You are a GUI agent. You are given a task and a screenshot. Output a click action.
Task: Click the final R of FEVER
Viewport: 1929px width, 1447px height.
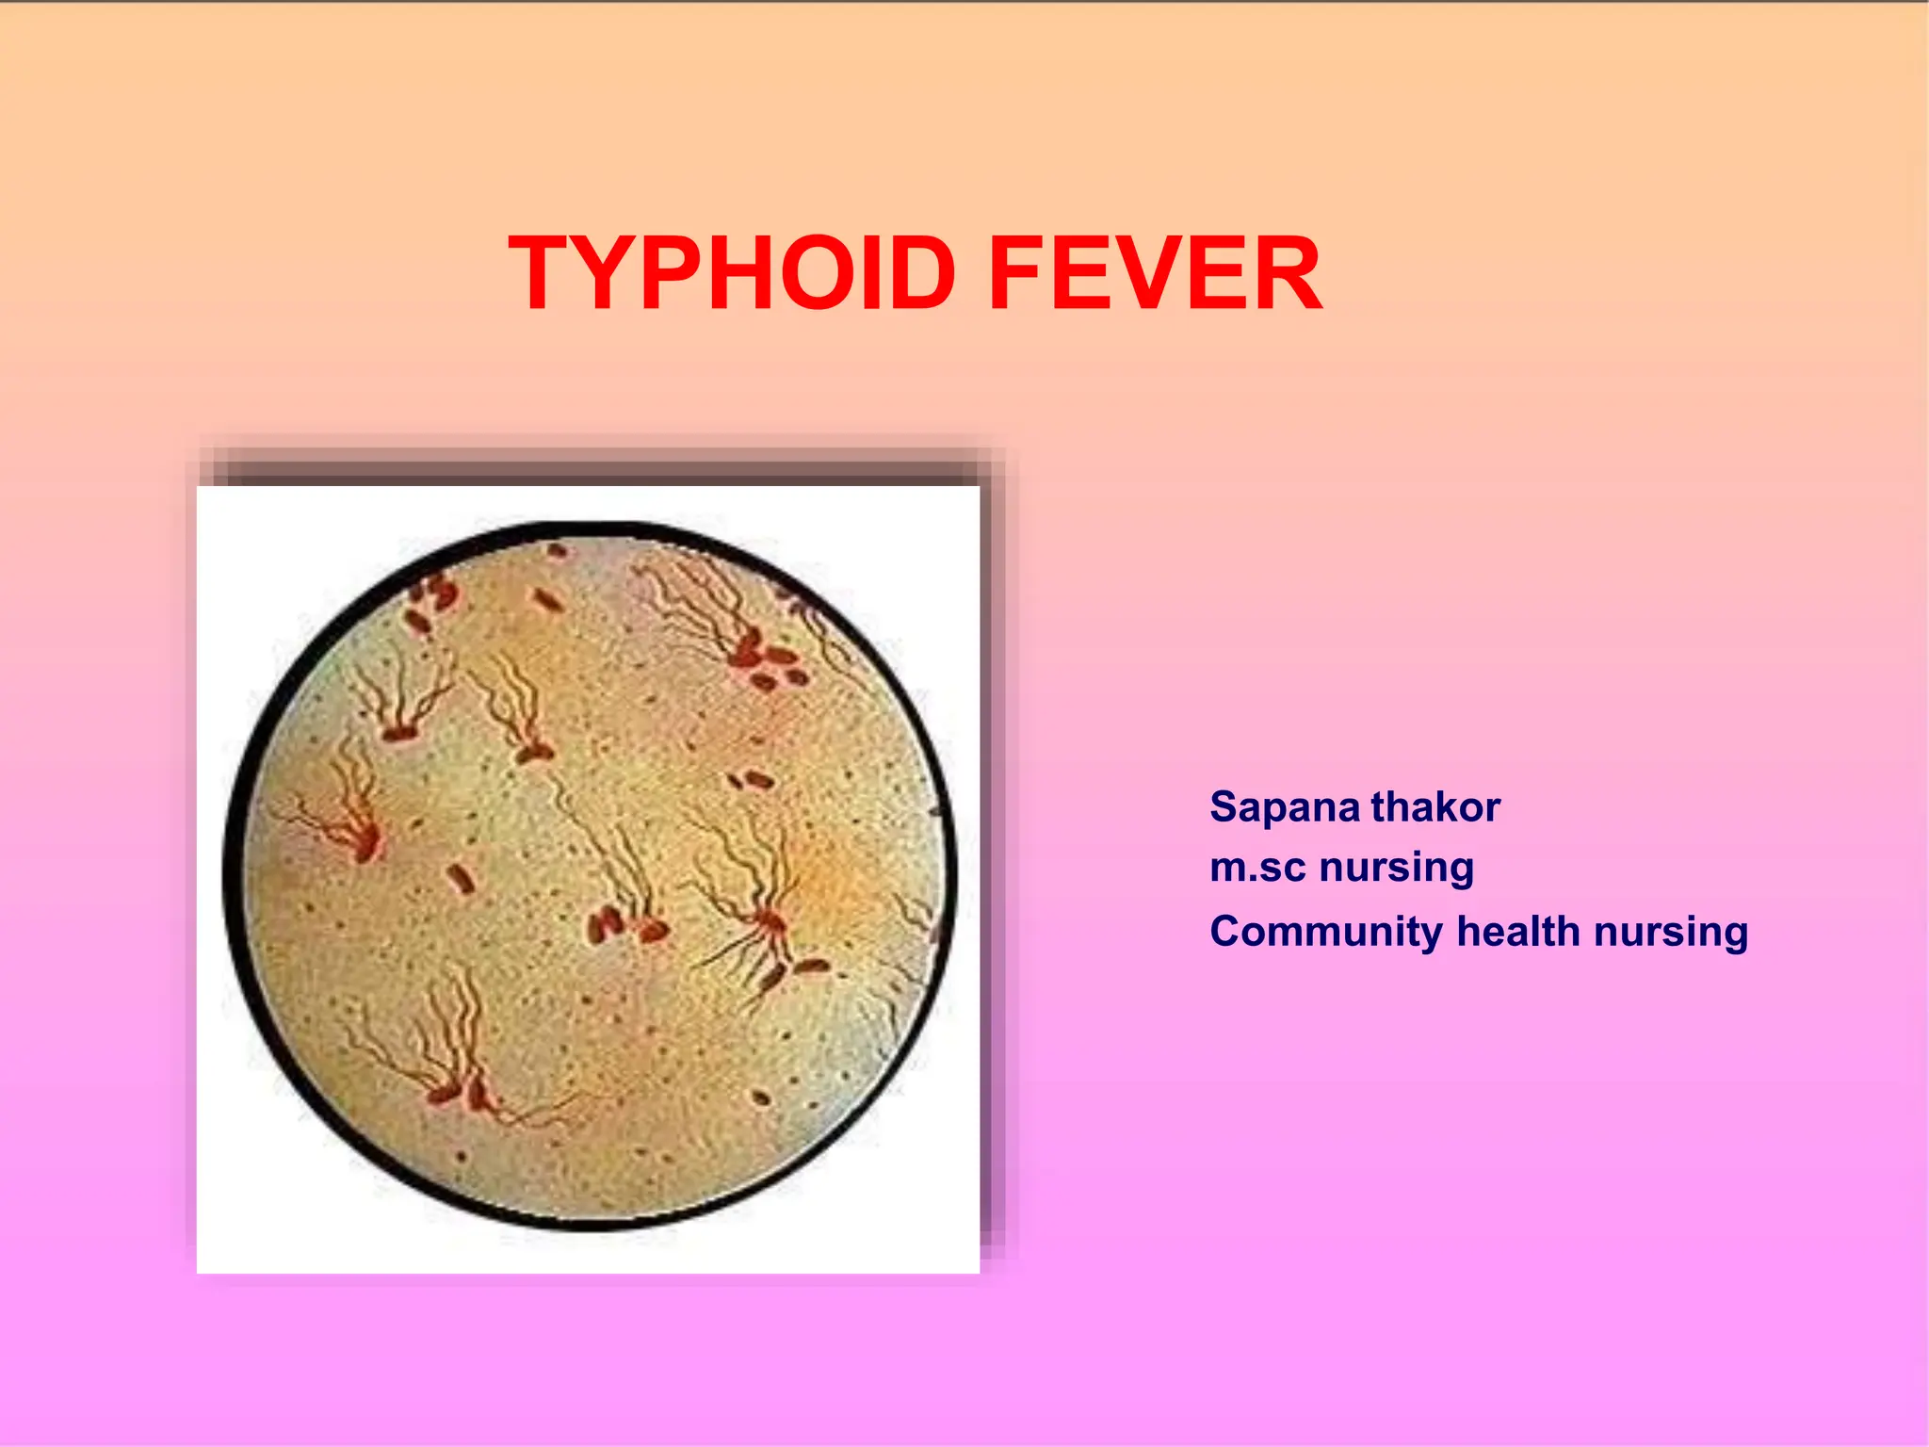1287,274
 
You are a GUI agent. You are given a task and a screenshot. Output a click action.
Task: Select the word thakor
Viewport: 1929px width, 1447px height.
1435,808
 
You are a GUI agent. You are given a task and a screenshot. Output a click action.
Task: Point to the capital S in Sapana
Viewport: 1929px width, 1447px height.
1223,808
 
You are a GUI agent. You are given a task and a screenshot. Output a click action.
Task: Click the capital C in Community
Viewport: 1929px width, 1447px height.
1225,931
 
